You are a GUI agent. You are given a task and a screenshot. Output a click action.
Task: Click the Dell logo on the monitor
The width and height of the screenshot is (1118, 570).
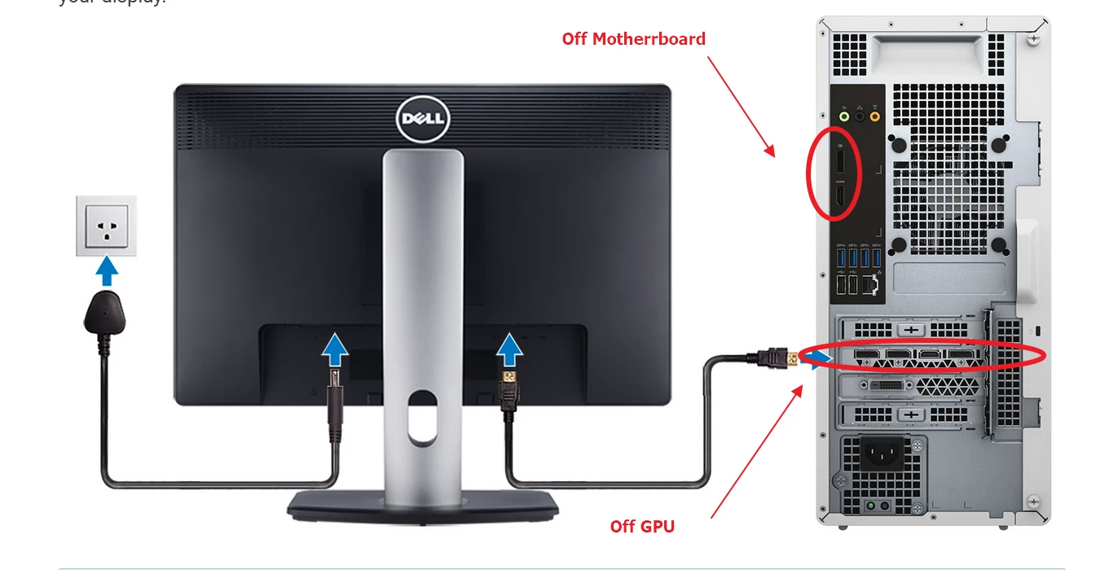(422, 121)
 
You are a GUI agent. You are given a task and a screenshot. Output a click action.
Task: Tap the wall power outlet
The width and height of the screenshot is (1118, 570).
(106, 226)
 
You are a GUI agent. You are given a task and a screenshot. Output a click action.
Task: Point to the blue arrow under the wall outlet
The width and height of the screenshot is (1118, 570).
(107, 270)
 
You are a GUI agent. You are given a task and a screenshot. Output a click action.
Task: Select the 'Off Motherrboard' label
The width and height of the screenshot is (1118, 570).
(633, 38)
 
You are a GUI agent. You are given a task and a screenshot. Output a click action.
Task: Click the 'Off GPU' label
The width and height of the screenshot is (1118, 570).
(642, 526)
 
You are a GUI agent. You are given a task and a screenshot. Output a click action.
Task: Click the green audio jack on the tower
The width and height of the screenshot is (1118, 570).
(845, 116)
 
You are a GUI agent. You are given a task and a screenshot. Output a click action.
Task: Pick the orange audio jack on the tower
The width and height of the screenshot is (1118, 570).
(875, 116)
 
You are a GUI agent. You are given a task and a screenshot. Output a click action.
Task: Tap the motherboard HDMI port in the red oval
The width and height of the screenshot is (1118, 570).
(839, 196)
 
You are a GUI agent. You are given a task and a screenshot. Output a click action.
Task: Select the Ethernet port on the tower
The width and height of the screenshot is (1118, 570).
(872, 284)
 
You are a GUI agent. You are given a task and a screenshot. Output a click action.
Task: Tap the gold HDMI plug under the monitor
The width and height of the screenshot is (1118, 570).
(509, 379)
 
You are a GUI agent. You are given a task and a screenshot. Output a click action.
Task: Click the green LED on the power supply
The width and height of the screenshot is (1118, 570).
(870, 505)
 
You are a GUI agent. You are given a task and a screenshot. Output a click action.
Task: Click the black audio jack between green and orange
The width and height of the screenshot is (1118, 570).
(860, 116)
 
